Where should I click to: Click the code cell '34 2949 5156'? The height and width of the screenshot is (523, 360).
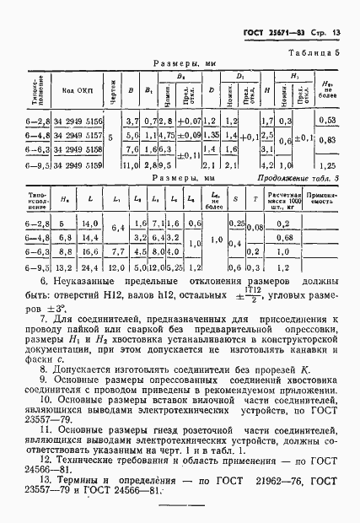(x=78, y=122)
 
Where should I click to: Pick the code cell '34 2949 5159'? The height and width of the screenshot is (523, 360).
(x=78, y=166)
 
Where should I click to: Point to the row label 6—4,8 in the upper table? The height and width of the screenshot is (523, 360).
(x=38, y=137)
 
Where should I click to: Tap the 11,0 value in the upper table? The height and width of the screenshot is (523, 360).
(x=130, y=166)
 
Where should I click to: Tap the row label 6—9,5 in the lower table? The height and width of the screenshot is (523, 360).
(x=38, y=267)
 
